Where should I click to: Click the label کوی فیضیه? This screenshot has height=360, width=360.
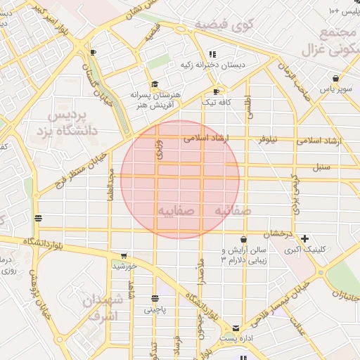(x=223, y=25)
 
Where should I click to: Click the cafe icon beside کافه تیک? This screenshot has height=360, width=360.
(x=216, y=91)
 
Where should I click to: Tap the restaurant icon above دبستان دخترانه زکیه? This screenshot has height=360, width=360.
(x=212, y=54)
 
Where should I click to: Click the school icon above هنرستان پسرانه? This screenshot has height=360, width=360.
(x=155, y=84)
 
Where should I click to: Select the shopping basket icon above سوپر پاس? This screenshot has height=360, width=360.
(x=336, y=78)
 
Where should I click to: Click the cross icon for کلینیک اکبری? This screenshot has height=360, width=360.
(x=304, y=238)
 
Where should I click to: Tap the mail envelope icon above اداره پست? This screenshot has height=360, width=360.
(x=235, y=328)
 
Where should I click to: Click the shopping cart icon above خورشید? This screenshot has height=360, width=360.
(x=124, y=255)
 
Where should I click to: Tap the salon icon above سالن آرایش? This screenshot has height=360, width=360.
(x=243, y=239)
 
